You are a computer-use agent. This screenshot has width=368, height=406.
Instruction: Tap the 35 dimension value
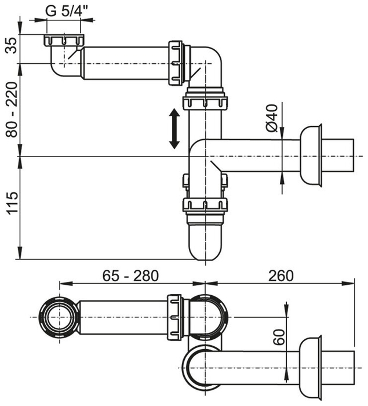[12, 45]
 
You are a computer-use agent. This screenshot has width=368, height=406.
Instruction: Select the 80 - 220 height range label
[12, 110]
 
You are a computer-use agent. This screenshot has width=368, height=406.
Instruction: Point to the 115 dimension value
[12, 203]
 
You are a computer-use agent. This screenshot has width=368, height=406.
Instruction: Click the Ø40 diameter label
[271, 118]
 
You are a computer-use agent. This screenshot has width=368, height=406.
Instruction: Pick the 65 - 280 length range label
[130, 275]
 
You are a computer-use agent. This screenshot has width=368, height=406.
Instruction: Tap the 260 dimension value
[281, 275]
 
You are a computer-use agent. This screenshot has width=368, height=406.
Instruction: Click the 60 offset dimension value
[279, 337]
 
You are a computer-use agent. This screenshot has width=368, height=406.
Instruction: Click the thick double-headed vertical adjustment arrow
[174, 128]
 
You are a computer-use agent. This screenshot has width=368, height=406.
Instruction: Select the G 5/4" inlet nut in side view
[64, 40]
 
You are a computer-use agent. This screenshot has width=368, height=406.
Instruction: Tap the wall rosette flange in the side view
[311, 156]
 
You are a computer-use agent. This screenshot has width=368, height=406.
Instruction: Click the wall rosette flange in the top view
[311, 368]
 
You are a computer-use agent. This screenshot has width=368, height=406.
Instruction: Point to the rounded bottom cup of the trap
[205, 241]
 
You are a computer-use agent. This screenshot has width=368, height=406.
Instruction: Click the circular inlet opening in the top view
[60, 317]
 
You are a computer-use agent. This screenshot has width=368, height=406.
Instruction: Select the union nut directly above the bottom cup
[205, 205]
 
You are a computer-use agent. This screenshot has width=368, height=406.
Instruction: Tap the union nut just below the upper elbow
[205, 103]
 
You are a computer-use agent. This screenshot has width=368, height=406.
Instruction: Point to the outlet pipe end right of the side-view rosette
[338, 155]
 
